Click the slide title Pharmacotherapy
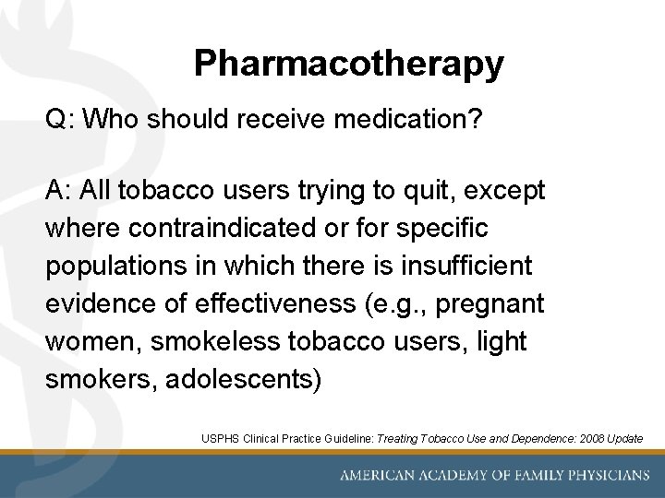pyautogui.click(x=349, y=64)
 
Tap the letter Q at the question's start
pyautogui.click(x=55, y=121)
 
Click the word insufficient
pyautogui.click(x=466, y=267)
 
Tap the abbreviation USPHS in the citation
pyautogui.click(x=221, y=438)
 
